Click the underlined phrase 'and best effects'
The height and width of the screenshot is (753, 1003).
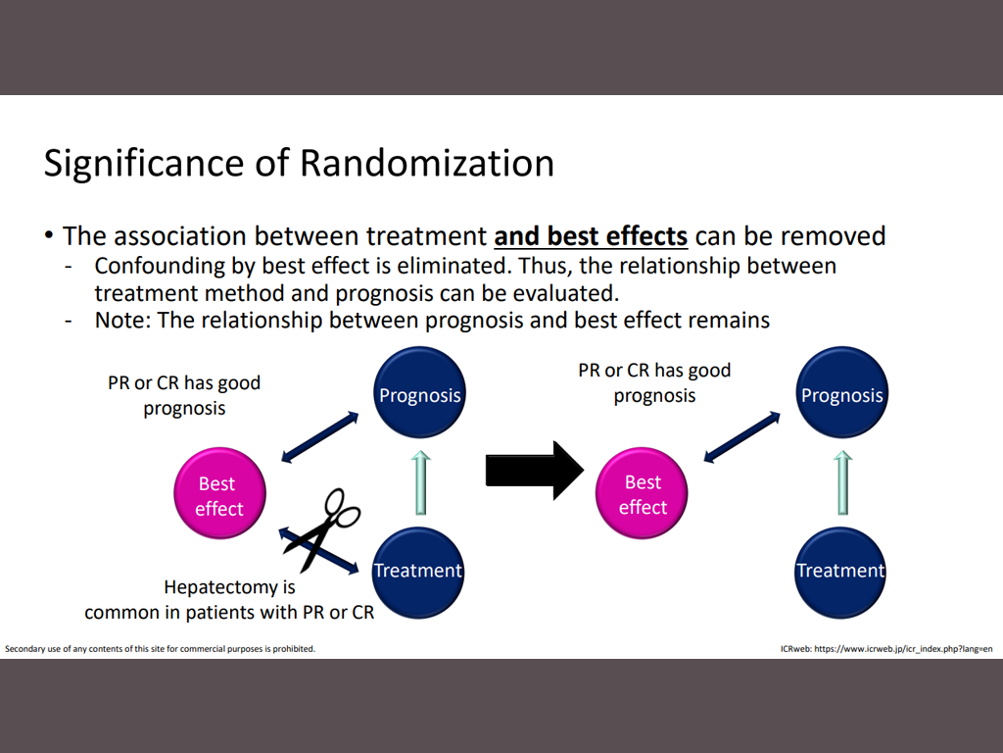(x=591, y=236)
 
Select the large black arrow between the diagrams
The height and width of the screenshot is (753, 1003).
(x=534, y=471)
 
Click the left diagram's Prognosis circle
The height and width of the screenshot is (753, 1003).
(x=419, y=395)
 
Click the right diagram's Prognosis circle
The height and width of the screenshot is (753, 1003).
(x=841, y=395)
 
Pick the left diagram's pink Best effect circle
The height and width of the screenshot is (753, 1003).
(x=218, y=495)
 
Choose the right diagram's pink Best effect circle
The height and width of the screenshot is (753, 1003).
(x=643, y=494)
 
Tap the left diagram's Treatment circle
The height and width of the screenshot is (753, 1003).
(x=418, y=571)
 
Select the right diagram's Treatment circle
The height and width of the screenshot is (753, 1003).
(x=839, y=571)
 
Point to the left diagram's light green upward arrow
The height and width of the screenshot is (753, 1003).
(x=419, y=482)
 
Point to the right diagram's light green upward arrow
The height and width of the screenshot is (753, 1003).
(x=841, y=482)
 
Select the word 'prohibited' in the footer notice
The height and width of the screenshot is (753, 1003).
(x=292, y=649)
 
